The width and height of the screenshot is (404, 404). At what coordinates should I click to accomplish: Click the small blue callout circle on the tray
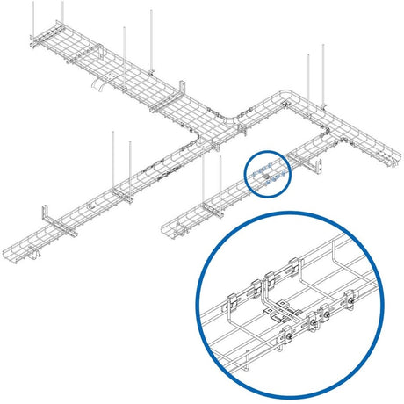[268, 174]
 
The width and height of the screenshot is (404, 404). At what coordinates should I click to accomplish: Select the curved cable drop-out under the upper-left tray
[101, 87]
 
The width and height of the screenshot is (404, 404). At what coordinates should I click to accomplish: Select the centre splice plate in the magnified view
[282, 308]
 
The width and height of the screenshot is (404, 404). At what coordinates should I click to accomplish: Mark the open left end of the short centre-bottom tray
[168, 231]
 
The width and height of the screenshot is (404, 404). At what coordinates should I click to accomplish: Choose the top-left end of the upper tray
[32, 40]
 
